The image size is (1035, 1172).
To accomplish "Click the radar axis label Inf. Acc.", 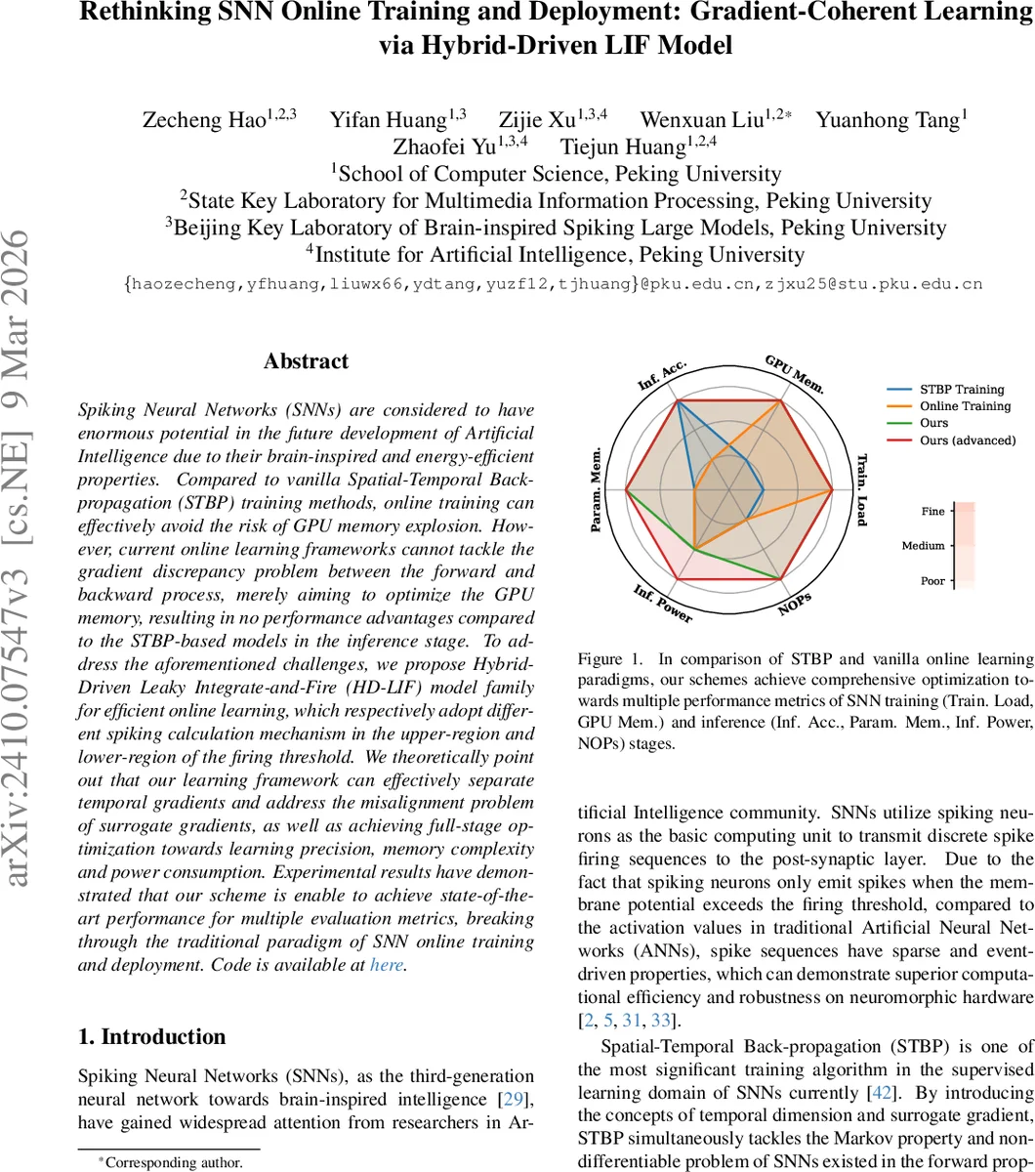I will click(x=663, y=375).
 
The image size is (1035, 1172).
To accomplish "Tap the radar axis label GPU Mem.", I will click(x=794, y=375).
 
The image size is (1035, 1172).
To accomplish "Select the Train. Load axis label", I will click(x=861, y=489).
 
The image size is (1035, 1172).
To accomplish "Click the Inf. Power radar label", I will click(x=662, y=605).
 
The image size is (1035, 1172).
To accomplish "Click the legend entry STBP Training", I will click(x=962, y=390).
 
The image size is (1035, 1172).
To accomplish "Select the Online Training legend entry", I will click(x=965, y=406).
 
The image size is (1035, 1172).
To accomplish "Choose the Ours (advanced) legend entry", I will click(x=968, y=440).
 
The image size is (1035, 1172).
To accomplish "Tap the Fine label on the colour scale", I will click(x=932, y=511).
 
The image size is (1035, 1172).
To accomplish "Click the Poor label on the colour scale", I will click(x=932, y=581).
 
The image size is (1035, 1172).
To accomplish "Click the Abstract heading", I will click(x=306, y=361).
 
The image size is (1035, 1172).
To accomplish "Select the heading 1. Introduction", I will click(x=151, y=1036).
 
